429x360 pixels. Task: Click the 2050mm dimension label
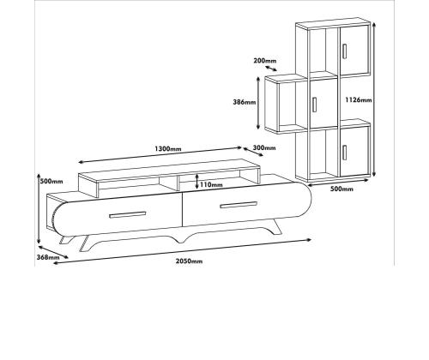(x=189, y=261)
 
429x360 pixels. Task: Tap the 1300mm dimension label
(x=168, y=149)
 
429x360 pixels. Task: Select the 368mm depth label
(x=48, y=257)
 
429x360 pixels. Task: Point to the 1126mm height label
(x=359, y=100)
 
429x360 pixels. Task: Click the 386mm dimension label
(x=245, y=102)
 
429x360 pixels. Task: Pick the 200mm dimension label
(x=265, y=61)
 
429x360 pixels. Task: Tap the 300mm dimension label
(x=264, y=147)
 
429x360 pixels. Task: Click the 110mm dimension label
(x=211, y=184)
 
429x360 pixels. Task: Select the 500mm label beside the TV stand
(x=51, y=181)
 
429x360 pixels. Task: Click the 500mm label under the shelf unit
(x=341, y=189)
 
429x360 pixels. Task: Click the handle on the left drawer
(x=128, y=215)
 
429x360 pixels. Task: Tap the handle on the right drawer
(x=239, y=205)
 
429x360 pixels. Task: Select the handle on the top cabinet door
(x=344, y=51)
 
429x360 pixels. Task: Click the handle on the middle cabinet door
(x=315, y=105)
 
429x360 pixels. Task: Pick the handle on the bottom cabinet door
(x=344, y=153)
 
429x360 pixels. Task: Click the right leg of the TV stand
(x=275, y=227)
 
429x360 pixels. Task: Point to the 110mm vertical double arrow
(x=197, y=182)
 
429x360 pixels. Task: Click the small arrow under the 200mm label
(x=271, y=69)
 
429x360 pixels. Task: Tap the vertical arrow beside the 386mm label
(x=258, y=103)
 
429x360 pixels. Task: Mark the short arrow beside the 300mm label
(x=253, y=152)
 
